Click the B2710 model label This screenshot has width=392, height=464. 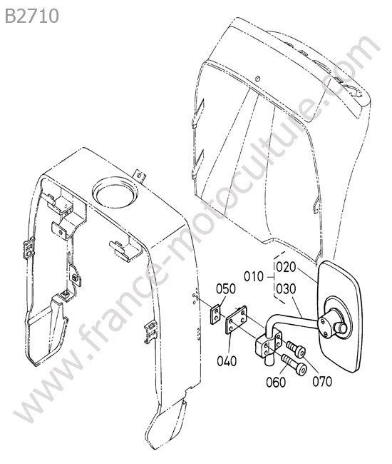click(32, 16)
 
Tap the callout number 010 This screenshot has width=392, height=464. click(254, 277)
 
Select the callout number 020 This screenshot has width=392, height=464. click(286, 267)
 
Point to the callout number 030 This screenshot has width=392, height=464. click(286, 289)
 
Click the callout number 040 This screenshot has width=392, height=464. click(227, 361)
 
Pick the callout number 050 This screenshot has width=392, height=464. click(226, 289)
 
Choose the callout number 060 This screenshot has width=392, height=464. click(276, 382)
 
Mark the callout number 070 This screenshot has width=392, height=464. click(322, 381)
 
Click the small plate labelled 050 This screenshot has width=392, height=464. click(216, 314)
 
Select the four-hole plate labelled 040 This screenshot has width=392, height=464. click(237, 320)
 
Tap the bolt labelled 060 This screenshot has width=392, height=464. click(294, 365)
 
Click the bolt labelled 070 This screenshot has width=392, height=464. click(296, 348)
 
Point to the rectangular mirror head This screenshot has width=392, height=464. click(340, 316)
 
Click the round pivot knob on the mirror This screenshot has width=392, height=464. click(342, 328)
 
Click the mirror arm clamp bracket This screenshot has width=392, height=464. click(268, 346)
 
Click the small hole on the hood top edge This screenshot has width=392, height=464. click(257, 79)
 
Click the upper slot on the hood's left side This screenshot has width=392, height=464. click(198, 114)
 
